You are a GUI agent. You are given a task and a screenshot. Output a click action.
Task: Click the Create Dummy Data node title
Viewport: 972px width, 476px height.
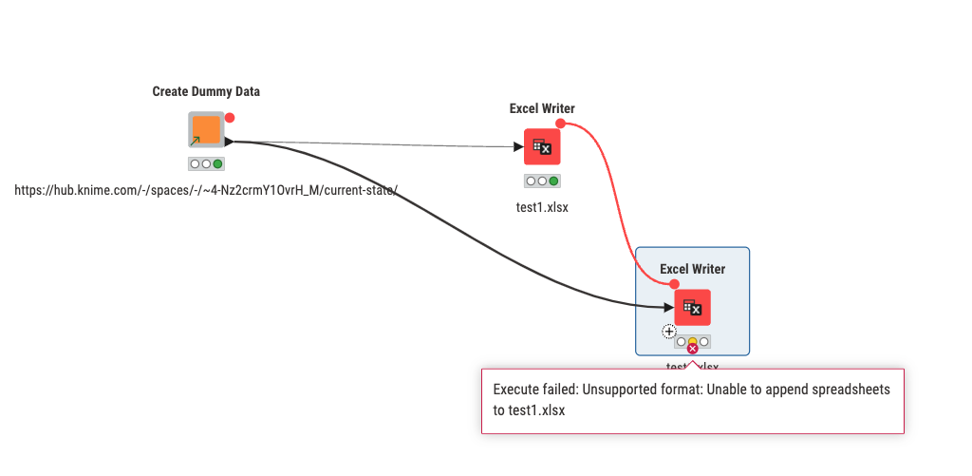click(x=206, y=91)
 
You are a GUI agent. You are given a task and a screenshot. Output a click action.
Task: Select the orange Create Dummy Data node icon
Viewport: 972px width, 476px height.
click(x=206, y=129)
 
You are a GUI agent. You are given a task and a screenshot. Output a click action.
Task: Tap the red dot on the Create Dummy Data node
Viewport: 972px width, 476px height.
click(x=230, y=118)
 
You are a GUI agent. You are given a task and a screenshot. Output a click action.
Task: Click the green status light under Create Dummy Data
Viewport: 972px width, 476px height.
click(x=218, y=163)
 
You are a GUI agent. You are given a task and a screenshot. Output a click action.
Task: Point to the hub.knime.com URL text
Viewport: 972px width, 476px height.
click(x=205, y=190)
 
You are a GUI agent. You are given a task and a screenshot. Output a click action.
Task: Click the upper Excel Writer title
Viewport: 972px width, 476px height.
click(x=542, y=108)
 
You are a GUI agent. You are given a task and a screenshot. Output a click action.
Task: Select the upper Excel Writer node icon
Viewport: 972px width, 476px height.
click(x=542, y=147)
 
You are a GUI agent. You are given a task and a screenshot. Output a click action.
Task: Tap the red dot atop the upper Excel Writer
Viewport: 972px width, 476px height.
click(x=560, y=124)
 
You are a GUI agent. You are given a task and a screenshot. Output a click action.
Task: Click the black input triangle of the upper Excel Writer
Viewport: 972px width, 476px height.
click(x=517, y=147)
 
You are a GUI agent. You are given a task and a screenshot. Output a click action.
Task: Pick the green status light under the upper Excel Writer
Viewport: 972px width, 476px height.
click(x=553, y=181)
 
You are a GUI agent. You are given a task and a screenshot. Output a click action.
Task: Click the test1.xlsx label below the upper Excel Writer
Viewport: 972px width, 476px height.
click(x=542, y=206)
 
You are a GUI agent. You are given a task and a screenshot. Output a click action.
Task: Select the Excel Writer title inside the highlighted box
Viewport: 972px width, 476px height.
click(x=692, y=269)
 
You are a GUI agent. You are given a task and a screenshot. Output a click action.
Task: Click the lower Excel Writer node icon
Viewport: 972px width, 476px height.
click(x=693, y=307)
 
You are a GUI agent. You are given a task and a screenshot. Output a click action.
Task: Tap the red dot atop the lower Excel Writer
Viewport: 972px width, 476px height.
click(x=674, y=283)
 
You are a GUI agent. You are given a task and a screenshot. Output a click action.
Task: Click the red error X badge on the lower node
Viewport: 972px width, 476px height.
click(x=692, y=349)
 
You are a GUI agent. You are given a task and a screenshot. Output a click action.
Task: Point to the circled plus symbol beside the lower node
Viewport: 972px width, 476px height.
click(x=669, y=332)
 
